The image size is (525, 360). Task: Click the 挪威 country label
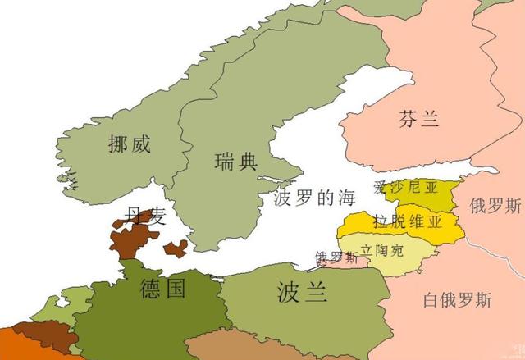click(x=130, y=146)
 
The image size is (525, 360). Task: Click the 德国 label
click(x=162, y=288)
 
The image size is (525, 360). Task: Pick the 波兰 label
click(x=303, y=292)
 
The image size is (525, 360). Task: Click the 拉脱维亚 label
click(x=407, y=221)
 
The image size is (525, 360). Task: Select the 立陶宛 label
click(x=383, y=247)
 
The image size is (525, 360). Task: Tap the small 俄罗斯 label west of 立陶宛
click(x=336, y=257)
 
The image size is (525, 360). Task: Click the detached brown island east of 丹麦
click(x=175, y=248)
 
